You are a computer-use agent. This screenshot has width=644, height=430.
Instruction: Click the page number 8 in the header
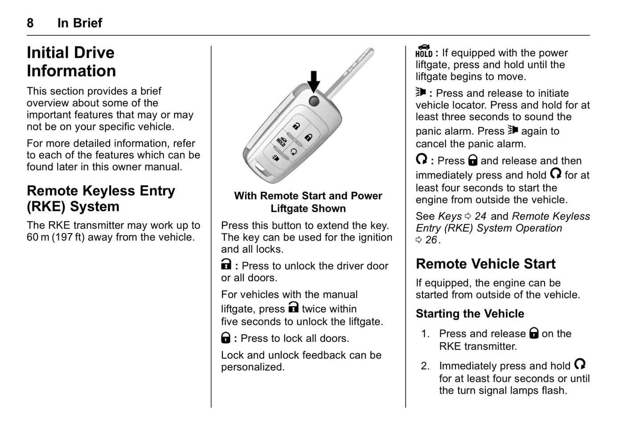[x=30, y=23]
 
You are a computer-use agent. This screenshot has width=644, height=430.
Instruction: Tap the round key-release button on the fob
[x=314, y=101]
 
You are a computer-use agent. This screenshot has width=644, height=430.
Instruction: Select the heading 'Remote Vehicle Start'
[x=485, y=264]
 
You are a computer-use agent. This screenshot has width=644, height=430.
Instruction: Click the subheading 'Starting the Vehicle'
[x=470, y=314]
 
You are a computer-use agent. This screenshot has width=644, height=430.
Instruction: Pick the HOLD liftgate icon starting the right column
[x=424, y=51]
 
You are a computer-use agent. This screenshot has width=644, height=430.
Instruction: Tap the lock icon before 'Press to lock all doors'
[x=226, y=338]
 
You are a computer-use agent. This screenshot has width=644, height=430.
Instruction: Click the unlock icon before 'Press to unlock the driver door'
[x=226, y=265]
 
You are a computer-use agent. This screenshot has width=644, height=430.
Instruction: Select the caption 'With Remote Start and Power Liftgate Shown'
[x=308, y=202]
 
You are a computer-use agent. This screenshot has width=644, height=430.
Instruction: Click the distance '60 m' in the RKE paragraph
[x=38, y=237]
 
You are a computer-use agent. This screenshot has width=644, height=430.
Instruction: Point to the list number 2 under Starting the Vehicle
[x=425, y=366]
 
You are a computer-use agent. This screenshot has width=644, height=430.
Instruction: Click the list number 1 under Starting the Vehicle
[x=425, y=334]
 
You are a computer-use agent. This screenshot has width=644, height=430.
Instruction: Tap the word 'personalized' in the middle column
[x=252, y=367]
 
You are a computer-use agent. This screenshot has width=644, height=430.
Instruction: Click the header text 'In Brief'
[x=80, y=23]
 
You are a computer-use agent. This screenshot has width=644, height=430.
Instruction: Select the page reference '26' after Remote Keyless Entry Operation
[x=431, y=240]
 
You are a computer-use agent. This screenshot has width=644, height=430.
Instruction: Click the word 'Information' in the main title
[x=71, y=71]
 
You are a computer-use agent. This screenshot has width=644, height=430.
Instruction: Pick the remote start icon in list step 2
[x=579, y=364]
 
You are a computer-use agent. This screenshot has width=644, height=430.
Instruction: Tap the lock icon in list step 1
[x=533, y=333]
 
